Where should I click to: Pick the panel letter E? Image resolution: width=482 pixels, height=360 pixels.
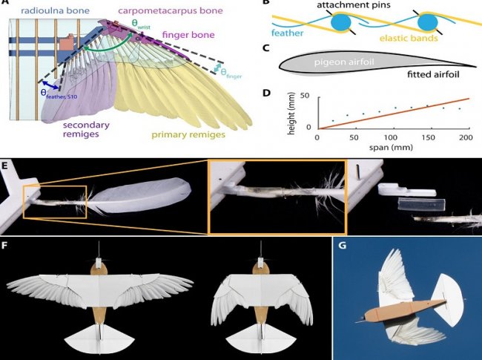click(6, 164)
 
